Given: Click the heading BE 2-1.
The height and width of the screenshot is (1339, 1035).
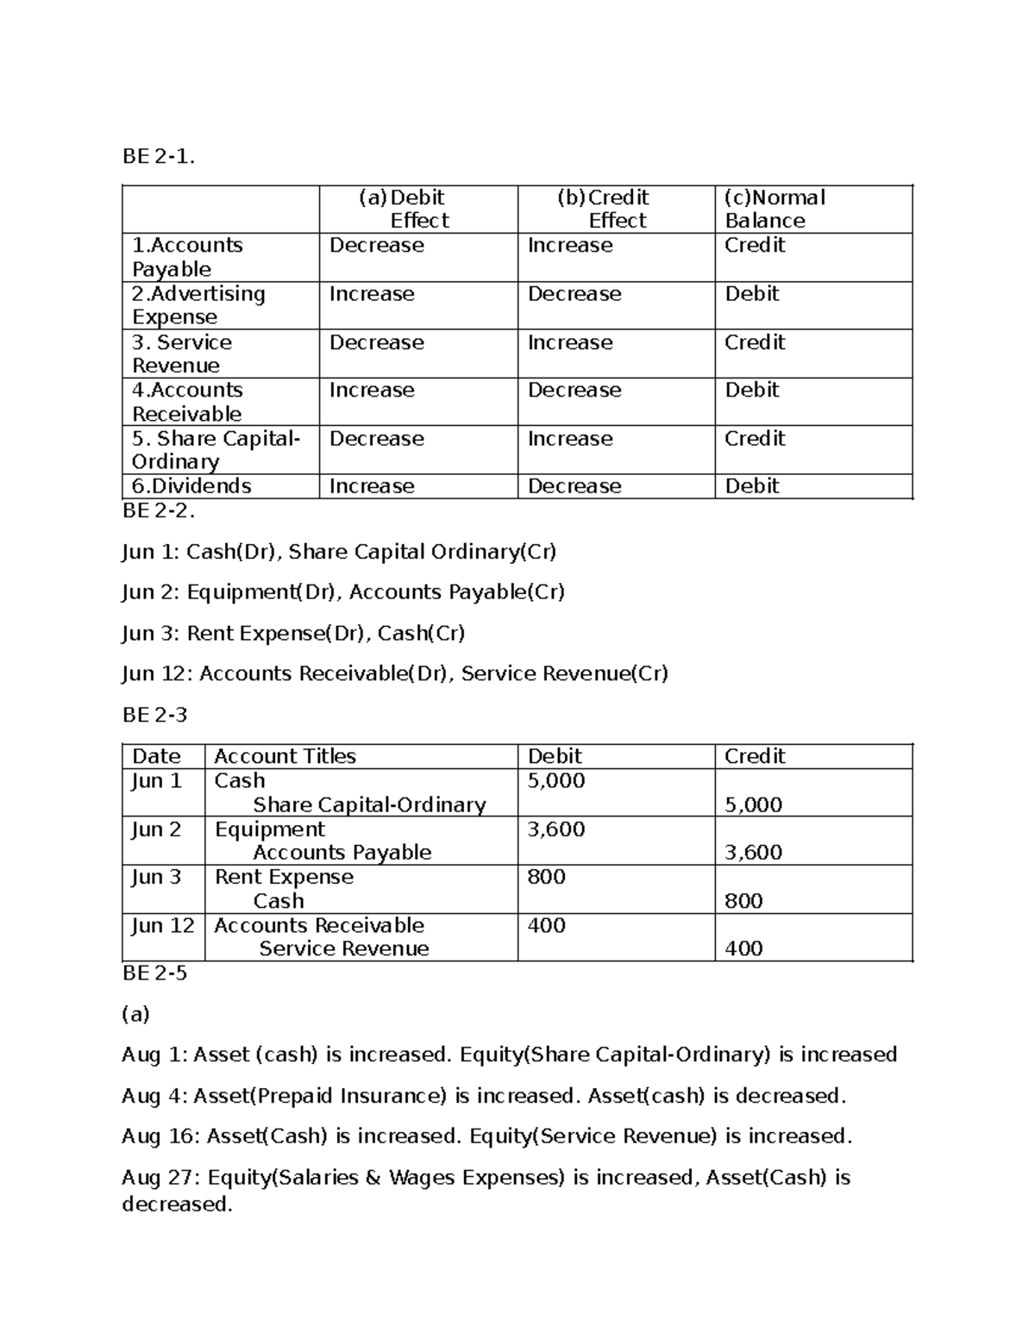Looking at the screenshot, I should (159, 156).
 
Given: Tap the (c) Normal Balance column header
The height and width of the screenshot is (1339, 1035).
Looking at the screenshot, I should (774, 209).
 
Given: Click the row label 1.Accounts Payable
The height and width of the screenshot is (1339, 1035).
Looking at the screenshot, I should (186, 257).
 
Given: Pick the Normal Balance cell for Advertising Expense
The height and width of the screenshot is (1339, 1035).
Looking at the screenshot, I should (751, 294).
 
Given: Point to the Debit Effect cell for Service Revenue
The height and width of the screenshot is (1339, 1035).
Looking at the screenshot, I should (376, 342).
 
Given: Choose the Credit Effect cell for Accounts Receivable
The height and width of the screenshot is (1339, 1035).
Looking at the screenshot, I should (574, 390).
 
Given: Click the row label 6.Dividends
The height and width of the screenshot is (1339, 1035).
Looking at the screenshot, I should (191, 485).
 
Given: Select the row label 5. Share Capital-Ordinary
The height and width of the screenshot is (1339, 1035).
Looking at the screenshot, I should (216, 449).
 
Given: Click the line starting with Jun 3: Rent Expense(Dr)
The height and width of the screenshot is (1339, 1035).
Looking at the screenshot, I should (293, 633).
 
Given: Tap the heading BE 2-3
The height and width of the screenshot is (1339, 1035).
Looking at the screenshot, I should (154, 715).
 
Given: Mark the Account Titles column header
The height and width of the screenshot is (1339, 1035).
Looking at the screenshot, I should (285, 756).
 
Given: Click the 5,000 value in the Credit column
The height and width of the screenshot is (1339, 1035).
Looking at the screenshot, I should (753, 804).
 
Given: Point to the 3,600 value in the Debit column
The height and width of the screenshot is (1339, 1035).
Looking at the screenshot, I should (555, 829).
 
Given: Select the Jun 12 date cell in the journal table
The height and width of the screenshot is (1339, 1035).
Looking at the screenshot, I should (163, 925).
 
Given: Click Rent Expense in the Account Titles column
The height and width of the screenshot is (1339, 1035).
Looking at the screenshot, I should (284, 877).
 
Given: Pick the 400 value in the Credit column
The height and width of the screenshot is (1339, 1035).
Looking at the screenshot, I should (743, 948).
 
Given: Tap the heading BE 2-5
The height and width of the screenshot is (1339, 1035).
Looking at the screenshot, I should (154, 973).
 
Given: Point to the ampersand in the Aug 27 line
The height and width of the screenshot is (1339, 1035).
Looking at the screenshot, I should (373, 1178).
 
